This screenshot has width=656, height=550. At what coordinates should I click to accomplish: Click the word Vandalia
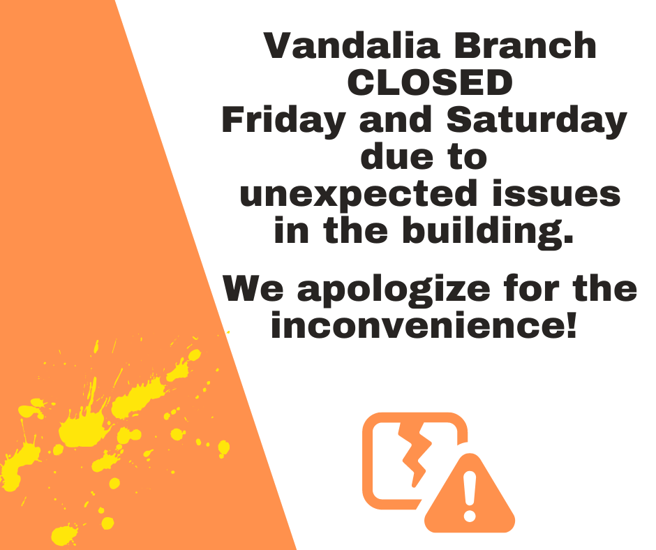352,45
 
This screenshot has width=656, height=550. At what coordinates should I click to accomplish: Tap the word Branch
525,45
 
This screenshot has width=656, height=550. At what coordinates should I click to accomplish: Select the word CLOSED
430,82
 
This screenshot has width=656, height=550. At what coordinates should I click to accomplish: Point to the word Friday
283,121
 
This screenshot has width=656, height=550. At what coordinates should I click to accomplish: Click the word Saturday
537,121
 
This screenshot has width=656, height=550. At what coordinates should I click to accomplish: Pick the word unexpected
359,194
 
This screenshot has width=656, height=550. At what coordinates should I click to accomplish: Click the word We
253,288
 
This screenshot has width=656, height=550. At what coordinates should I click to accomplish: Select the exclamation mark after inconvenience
572,325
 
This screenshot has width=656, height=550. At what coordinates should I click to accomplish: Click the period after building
568,239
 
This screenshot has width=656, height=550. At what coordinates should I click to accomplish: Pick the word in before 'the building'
291,230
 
